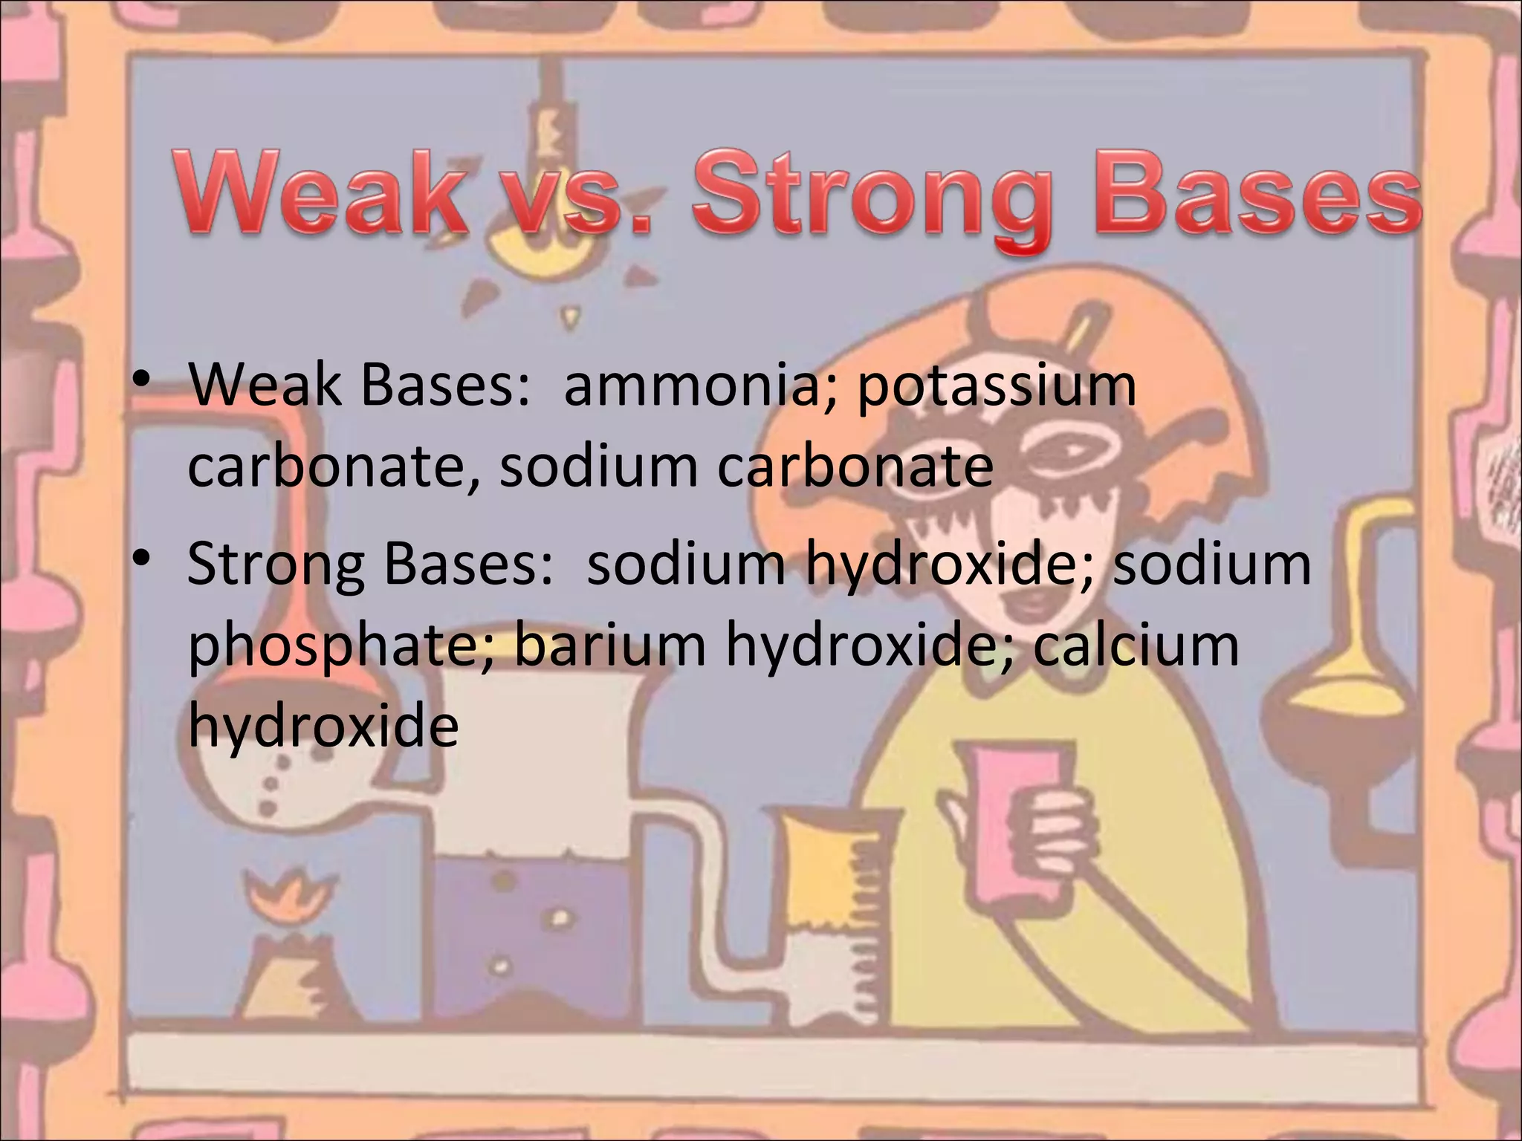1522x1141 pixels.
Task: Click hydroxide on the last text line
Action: (323, 724)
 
